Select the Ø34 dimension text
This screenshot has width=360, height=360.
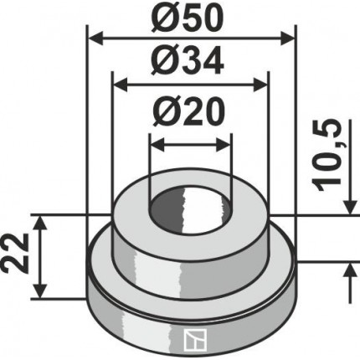188,60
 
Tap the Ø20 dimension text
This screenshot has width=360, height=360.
188,111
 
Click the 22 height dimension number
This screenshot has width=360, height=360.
16,253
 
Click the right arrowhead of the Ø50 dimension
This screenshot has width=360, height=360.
287,39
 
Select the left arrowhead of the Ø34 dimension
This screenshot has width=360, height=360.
120,85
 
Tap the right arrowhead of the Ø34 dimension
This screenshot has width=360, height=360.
260,85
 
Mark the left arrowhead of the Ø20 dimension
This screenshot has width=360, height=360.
157,146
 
